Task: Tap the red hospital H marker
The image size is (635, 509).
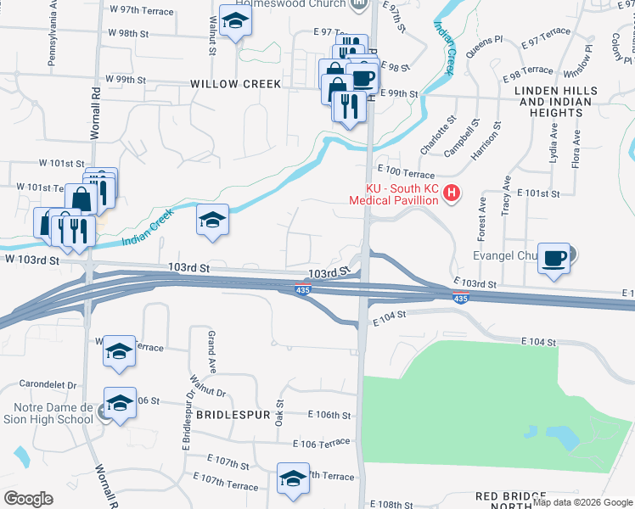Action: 452,194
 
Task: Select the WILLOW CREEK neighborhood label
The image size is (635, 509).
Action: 235,84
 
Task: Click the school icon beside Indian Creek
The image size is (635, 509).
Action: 212,220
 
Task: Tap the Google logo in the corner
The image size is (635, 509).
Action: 28,499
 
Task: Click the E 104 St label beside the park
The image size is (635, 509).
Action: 537,342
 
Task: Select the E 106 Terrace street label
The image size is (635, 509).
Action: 322,444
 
